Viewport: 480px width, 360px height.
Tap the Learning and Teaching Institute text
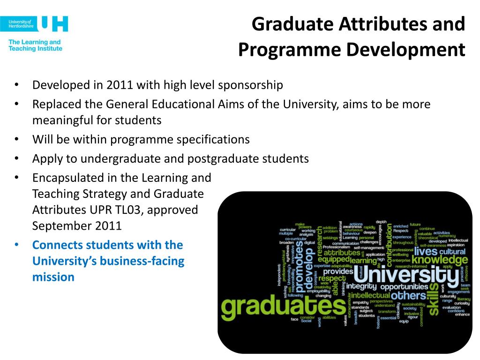click(35, 45)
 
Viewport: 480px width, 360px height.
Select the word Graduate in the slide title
click(288, 24)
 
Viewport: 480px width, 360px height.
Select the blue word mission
click(53, 277)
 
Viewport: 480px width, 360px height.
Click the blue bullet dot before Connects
click(16, 245)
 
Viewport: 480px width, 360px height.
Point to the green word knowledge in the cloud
click(439, 260)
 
